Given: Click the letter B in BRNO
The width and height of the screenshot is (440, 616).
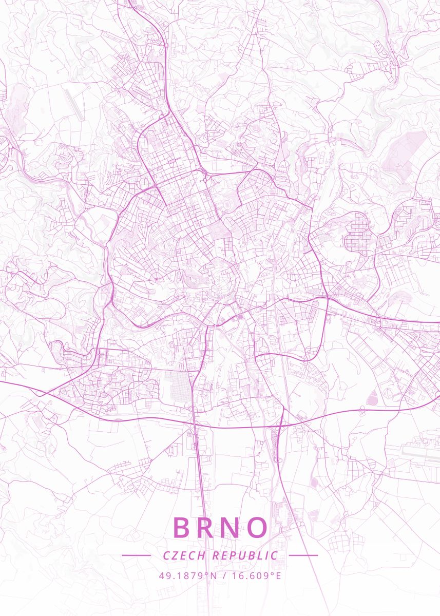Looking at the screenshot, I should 183,527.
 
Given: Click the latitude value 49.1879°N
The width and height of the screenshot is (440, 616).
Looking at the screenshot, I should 188,575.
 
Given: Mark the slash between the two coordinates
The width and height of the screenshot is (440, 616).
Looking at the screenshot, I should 224,575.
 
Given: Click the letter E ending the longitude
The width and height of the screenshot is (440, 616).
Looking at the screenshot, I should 279,575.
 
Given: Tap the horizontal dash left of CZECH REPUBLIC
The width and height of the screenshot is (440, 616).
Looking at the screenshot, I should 136,555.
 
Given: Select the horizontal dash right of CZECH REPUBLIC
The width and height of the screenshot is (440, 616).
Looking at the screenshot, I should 303,555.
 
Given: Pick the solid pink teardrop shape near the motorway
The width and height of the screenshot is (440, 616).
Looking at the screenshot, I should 372,396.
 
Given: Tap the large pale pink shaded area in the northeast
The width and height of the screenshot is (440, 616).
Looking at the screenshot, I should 406,149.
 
